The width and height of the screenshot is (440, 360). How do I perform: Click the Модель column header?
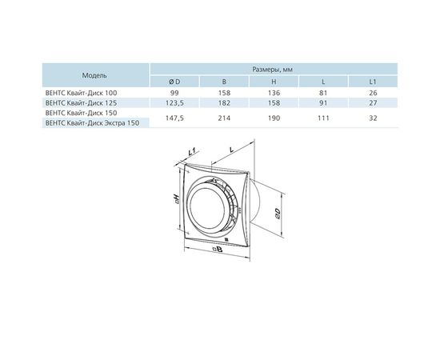[94, 75]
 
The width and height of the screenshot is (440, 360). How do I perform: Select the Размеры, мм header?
[273, 70]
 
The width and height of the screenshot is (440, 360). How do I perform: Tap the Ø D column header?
[174, 82]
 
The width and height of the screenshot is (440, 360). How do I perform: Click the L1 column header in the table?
[373, 82]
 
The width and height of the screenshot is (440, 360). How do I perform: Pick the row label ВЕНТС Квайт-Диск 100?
[81, 93]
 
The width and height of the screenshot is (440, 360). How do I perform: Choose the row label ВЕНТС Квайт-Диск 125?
[81, 103]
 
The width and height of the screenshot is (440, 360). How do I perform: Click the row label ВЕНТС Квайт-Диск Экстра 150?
[92, 123]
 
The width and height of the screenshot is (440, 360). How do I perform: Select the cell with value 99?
[174, 93]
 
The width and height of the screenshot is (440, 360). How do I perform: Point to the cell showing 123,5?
[174, 103]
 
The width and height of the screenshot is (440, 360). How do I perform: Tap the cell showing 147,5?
[174, 118]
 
